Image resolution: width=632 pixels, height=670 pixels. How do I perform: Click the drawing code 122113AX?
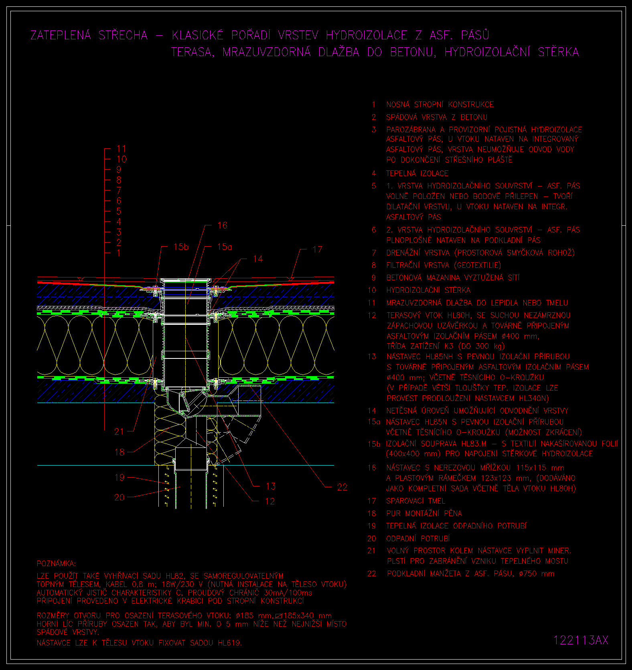(581, 640)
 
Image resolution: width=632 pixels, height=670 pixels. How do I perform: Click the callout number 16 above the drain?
(222, 225)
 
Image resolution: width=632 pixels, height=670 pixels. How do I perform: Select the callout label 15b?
(181, 247)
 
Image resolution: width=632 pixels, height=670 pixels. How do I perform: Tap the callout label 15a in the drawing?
(225, 247)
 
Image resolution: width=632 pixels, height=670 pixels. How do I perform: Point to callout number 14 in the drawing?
(258, 259)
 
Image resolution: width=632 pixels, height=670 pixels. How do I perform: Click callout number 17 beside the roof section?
(317, 250)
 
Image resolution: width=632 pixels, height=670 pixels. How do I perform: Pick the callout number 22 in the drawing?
(342, 487)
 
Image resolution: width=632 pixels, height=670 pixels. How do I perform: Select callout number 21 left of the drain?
(120, 431)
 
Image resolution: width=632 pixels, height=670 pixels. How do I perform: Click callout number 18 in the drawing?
(120, 452)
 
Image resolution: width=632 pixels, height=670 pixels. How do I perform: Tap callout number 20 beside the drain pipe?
(120, 497)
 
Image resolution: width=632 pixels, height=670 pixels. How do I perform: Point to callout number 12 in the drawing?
(270, 501)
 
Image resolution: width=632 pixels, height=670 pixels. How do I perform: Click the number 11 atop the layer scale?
(121, 149)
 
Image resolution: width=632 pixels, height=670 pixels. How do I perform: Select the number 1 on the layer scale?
(119, 253)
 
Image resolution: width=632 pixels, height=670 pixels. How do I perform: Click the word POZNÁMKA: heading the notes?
(56, 564)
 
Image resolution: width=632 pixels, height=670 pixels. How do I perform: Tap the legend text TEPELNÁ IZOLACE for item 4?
(417, 174)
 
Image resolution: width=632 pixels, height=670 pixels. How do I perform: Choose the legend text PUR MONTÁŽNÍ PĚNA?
(424, 513)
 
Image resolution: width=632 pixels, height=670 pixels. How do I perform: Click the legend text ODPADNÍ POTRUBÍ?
(418, 538)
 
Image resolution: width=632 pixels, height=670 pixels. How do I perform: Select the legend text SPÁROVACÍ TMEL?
(415, 501)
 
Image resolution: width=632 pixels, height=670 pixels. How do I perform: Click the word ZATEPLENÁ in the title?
(61, 35)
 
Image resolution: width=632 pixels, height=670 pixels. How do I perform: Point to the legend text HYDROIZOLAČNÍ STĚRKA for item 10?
(428, 290)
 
